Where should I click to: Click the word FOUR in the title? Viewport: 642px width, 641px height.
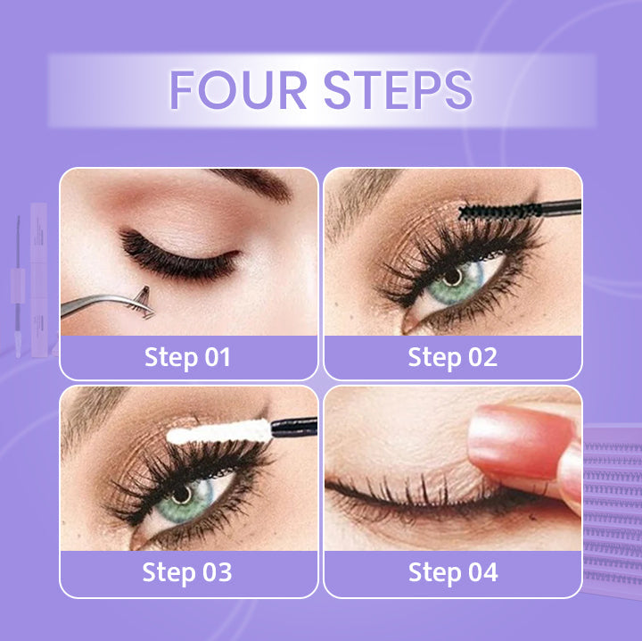click(x=237, y=90)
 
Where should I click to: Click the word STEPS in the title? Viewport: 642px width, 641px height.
click(x=399, y=90)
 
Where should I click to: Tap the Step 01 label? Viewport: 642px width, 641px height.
click(x=187, y=357)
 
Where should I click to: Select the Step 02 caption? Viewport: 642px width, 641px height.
click(x=452, y=357)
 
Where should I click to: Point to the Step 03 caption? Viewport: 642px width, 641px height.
click(x=187, y=572)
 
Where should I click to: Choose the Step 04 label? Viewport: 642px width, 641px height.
click(x=453, y=572)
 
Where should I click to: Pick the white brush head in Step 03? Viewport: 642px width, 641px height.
click(x=219, y=433)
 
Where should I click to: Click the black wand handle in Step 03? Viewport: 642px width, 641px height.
click(x=294, y=427)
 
